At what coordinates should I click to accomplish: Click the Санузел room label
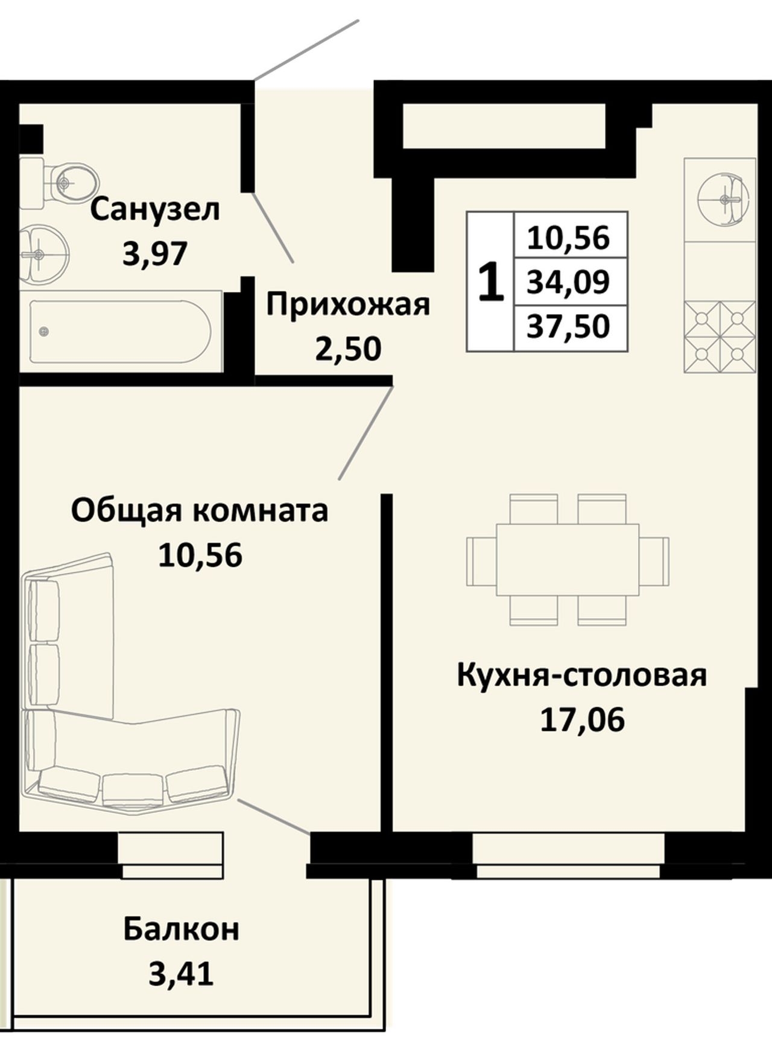(x=155, y=210)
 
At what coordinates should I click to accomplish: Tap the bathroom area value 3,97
(x=155, y=255)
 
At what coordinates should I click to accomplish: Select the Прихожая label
(x=348, y=306)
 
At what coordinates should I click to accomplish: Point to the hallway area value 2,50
(x=348, y=349)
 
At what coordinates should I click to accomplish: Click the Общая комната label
(x=200, y=511)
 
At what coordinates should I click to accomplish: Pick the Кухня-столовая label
(x=581, y=676)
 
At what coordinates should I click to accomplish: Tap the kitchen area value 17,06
(x=582, y=719)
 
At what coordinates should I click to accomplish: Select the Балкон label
(x=182, y=929)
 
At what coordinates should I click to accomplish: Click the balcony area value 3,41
(x=182, y=973)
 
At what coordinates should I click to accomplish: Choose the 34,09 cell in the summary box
(x=568, y=282)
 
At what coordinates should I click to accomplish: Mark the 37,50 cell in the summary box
(x=568, y=326)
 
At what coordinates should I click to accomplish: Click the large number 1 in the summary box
(x=490, y=282)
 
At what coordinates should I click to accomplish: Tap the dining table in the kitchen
(x=568, y=560)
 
